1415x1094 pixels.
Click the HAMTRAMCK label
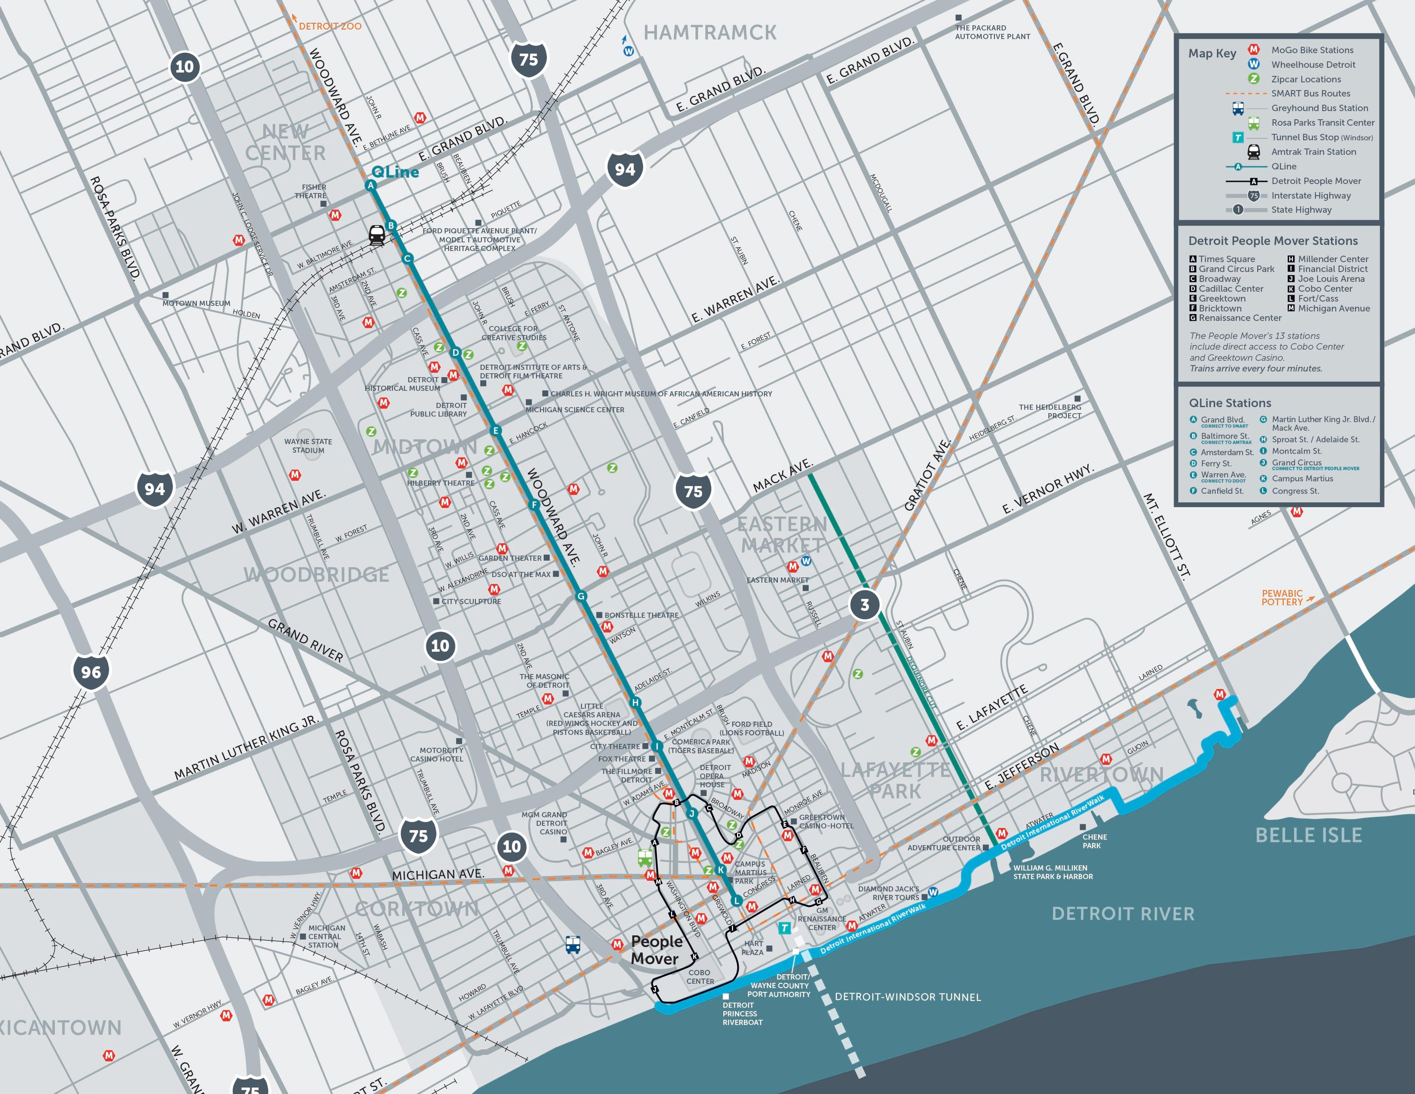pos(710,33)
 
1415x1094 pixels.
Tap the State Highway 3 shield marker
pos(864,604)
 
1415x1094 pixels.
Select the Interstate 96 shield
pos(91,672)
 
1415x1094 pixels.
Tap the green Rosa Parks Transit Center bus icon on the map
pos(644,858)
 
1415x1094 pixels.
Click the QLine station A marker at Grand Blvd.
pos(370,185)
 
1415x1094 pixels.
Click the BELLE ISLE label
pos(1308,835)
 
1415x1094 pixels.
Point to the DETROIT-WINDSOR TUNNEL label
pos(908,997)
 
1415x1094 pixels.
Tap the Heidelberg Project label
pos(1050,411)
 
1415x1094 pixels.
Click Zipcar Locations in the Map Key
pos(1306,79)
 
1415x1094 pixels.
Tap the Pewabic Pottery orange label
pos(1282,598)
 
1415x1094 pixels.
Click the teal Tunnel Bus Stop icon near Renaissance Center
pos(785,928)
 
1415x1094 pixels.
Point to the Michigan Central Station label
pos(327,937)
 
